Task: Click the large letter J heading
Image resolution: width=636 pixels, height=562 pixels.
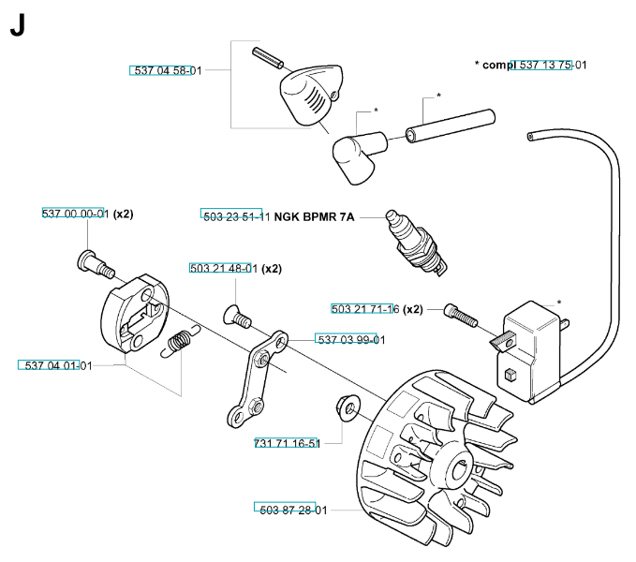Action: [17, 25]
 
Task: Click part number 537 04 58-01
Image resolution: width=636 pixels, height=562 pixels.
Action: [164, 70]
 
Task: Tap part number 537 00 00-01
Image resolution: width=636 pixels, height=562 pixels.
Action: [76, 214]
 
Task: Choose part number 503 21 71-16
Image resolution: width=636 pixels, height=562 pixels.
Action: [365, 309]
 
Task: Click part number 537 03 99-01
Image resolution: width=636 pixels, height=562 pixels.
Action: [350, 339]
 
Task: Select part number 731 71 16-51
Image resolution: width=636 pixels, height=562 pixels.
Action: [287, 443]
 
